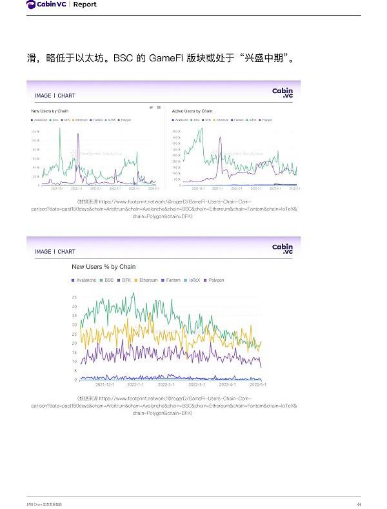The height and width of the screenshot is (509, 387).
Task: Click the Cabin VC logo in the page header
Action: pos(46,5)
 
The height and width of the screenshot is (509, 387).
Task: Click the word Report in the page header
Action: pos(85,5)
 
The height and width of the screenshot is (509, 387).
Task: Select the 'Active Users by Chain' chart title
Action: pos(192,111)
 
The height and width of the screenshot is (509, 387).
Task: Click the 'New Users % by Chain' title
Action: pos(103,266)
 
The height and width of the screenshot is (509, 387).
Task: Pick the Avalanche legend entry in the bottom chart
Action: pos(84,280)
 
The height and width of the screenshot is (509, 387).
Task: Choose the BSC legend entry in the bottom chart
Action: pos(106,280)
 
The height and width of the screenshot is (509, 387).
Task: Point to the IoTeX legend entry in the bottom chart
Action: pos(193,280)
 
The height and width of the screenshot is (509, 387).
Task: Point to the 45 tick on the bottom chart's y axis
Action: pos(74,297)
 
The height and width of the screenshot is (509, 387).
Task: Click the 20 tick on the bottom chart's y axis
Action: pos(74,343)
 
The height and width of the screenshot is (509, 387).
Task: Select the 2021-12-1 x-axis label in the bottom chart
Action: pos(104,384)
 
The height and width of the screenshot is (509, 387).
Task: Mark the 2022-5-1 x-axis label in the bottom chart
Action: pos(258,384)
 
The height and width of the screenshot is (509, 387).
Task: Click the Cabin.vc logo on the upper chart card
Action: pos(282,93)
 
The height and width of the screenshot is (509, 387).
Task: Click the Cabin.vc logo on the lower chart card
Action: pos(282,249)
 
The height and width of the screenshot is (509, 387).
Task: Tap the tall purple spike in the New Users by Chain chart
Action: pos(78,136)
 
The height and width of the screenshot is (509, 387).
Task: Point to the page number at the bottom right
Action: pos(359,504)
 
